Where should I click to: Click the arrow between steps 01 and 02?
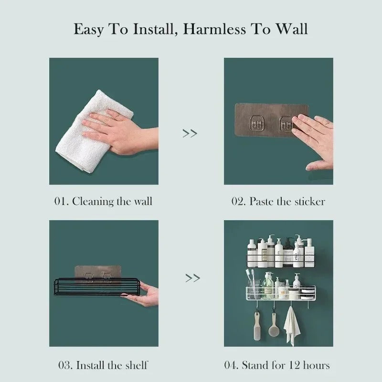click(190, 133)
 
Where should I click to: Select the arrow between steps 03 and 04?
click(192, 277)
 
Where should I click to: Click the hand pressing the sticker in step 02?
click(315, 138)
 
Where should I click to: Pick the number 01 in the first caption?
click(60, 201)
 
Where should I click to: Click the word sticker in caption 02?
click(307, 201)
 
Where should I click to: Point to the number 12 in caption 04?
click(294, 366)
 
